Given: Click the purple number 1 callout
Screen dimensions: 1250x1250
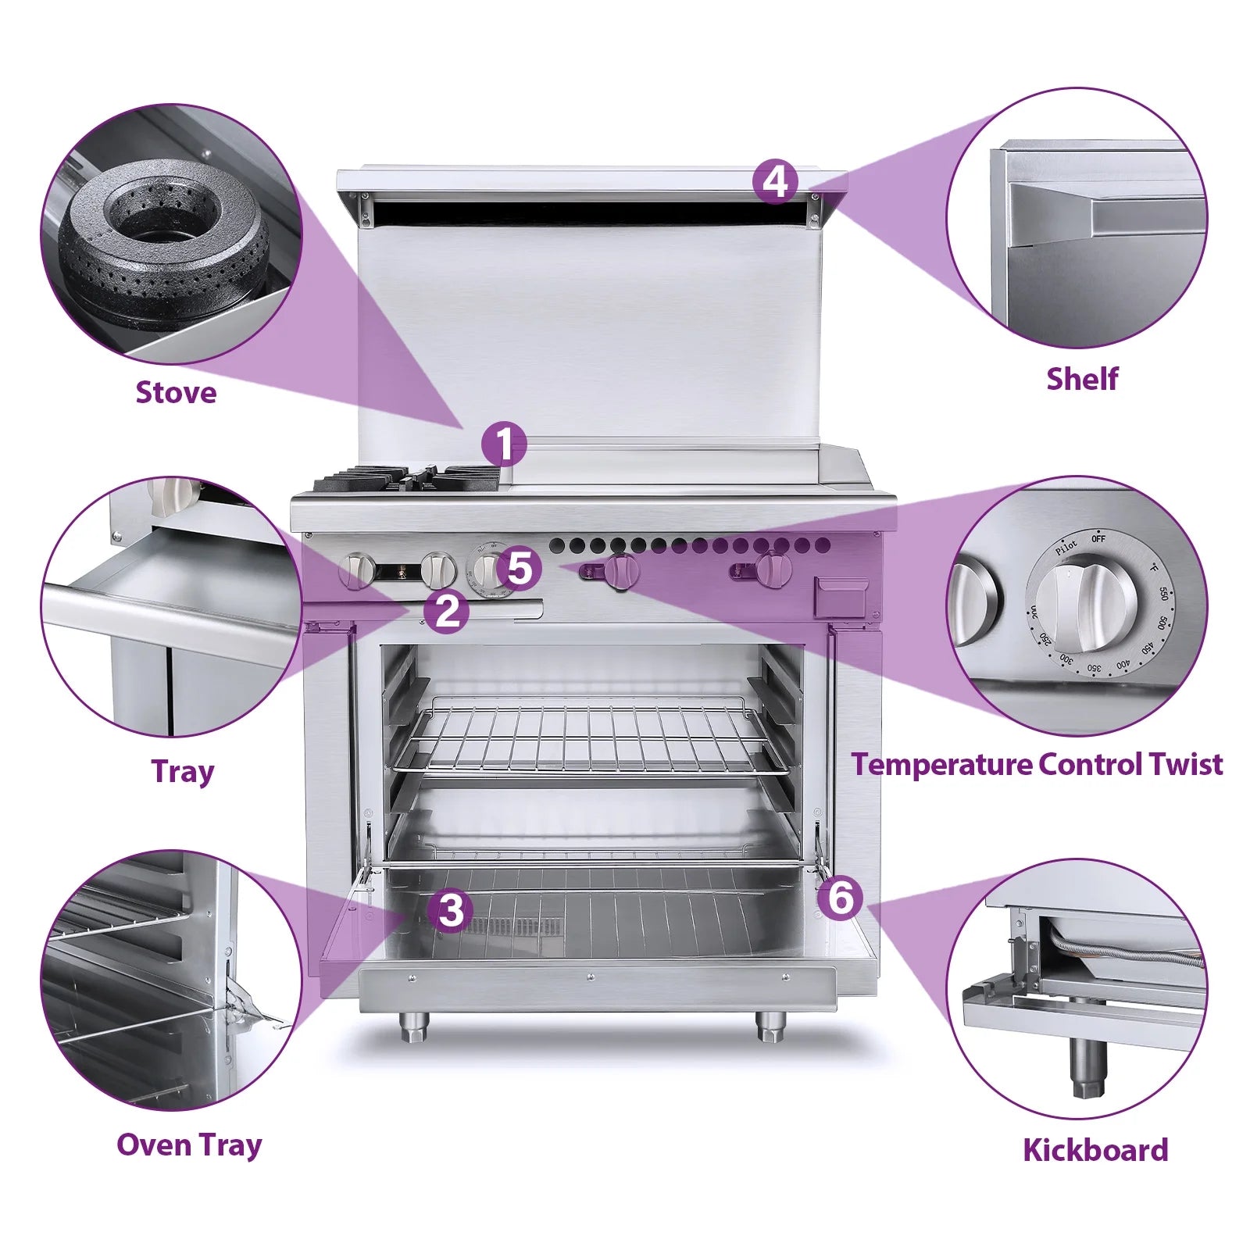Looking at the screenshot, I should tap(504, 445).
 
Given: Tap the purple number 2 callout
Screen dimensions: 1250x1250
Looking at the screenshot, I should tap(446, 610).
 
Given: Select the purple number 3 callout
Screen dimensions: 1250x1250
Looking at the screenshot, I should tap(451, 910).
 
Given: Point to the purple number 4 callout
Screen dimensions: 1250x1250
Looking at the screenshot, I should tap(775, 181).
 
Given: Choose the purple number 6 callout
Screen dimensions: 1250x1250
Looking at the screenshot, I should tap(840, 897).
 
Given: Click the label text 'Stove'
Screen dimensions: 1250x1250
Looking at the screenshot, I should tap(176, 392).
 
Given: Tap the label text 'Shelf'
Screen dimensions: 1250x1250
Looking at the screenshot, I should tap(1081, 379).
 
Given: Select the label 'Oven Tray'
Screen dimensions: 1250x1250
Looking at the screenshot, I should tap(189, 1145).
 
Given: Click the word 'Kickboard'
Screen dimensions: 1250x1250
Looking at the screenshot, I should tap(1095, 1150).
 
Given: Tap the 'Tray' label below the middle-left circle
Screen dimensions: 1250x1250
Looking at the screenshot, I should tap(182, 771).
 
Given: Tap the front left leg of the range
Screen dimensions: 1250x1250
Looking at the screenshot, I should tap(412, 1025).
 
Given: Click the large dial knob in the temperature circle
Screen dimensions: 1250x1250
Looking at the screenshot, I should tap(1087, 605).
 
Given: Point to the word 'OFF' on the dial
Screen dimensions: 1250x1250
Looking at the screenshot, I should tap(1098, 539).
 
